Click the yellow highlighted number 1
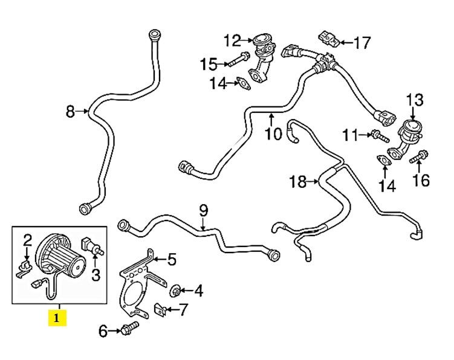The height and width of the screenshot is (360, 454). tap(57, 317)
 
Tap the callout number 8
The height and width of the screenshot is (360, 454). tap(71, 111)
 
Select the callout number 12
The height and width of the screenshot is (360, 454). tap(232, 41)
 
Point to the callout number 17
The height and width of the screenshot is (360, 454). tap(362, 43)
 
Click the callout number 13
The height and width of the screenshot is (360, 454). tap(415, 100)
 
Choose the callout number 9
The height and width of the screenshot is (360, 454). tap(203, 211)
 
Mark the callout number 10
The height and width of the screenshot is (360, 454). tap(273, 133)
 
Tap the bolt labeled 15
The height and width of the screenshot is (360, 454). tap(238, 60)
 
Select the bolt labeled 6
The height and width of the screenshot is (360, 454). tap(129, 330)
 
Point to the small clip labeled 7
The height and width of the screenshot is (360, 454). tap(159, 310)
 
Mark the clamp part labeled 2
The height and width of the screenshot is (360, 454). tap(25, 266)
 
